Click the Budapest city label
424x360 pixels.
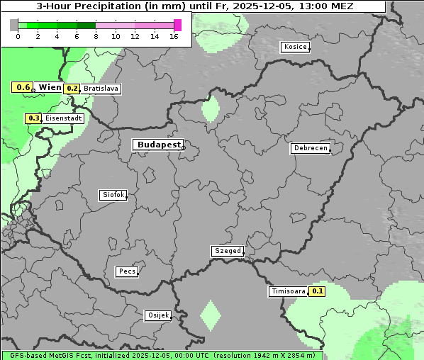(158, 145)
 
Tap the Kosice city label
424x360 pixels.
(294, 47)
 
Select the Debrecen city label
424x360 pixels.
(310, 148)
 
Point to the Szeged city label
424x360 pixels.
(228, 251)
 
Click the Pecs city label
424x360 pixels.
(127, 271)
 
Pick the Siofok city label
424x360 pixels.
(113, 195)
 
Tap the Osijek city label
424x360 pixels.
(158, 315)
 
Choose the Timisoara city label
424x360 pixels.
(288, 291)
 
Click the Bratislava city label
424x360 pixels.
(100, 89)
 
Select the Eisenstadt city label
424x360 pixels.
(63, 118)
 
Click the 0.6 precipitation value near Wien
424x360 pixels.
(23, 87)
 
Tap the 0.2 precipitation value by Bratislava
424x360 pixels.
(72, 89)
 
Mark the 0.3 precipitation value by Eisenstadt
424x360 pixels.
(33, 118)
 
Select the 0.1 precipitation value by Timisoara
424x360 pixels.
(317, 291)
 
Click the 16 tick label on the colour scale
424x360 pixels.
(173, 36)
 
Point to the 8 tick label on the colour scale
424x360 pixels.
(96, 36)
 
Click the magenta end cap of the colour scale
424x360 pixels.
(177, 25)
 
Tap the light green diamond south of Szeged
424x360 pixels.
(211, 315)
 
